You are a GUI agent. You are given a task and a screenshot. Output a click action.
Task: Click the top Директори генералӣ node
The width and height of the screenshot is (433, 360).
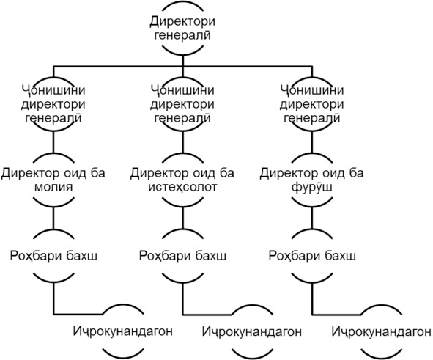tap(182, 28)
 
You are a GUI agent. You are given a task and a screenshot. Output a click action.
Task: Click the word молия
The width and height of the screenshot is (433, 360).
tap(53, 187)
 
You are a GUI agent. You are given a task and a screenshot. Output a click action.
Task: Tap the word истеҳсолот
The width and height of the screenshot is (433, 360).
tap(182, 187)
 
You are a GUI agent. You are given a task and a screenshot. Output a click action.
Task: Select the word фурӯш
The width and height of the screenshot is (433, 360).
tap(312, 187)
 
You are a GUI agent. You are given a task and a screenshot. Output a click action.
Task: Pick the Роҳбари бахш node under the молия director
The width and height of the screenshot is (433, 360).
tap(53, 256)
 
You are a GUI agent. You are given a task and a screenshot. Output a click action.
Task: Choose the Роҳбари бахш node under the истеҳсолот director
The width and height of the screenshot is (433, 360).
tap(182, 256)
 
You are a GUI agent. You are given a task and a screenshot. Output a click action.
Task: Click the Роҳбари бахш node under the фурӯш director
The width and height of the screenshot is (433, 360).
tap(312, 256)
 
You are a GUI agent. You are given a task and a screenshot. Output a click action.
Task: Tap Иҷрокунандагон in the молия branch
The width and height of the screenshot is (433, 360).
tap(123, 331)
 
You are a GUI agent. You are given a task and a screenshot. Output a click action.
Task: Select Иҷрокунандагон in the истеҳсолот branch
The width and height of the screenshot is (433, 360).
tap(252, 331)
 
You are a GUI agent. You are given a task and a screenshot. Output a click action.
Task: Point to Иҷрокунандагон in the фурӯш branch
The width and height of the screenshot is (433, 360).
tap(382, 331)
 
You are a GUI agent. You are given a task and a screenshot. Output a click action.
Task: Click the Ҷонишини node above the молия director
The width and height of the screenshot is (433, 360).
tap(53, 104)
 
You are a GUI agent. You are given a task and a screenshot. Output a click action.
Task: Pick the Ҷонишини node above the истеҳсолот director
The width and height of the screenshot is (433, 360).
tap(182, 104)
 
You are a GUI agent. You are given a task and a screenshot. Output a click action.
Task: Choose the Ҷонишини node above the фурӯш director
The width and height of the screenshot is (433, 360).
tap(312, 104)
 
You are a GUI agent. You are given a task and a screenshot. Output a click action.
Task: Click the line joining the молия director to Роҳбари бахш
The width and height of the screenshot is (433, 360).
tap(53, 218)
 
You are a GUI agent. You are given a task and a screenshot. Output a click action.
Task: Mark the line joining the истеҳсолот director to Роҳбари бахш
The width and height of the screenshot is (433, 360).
tap(182, 218)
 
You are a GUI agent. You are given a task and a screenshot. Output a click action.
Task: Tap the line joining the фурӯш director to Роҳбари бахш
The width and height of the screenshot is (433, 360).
tap(312, 218)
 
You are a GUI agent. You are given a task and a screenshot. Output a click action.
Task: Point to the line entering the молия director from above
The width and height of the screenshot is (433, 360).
tap(53, 142)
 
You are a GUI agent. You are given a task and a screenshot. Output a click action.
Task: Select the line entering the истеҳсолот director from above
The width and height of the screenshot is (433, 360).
tap(182, 142)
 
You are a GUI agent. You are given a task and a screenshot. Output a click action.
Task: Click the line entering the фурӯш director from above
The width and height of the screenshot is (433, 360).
tap(312, 142)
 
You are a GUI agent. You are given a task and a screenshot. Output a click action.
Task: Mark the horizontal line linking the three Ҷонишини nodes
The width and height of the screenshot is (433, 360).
tap(182, 66)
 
